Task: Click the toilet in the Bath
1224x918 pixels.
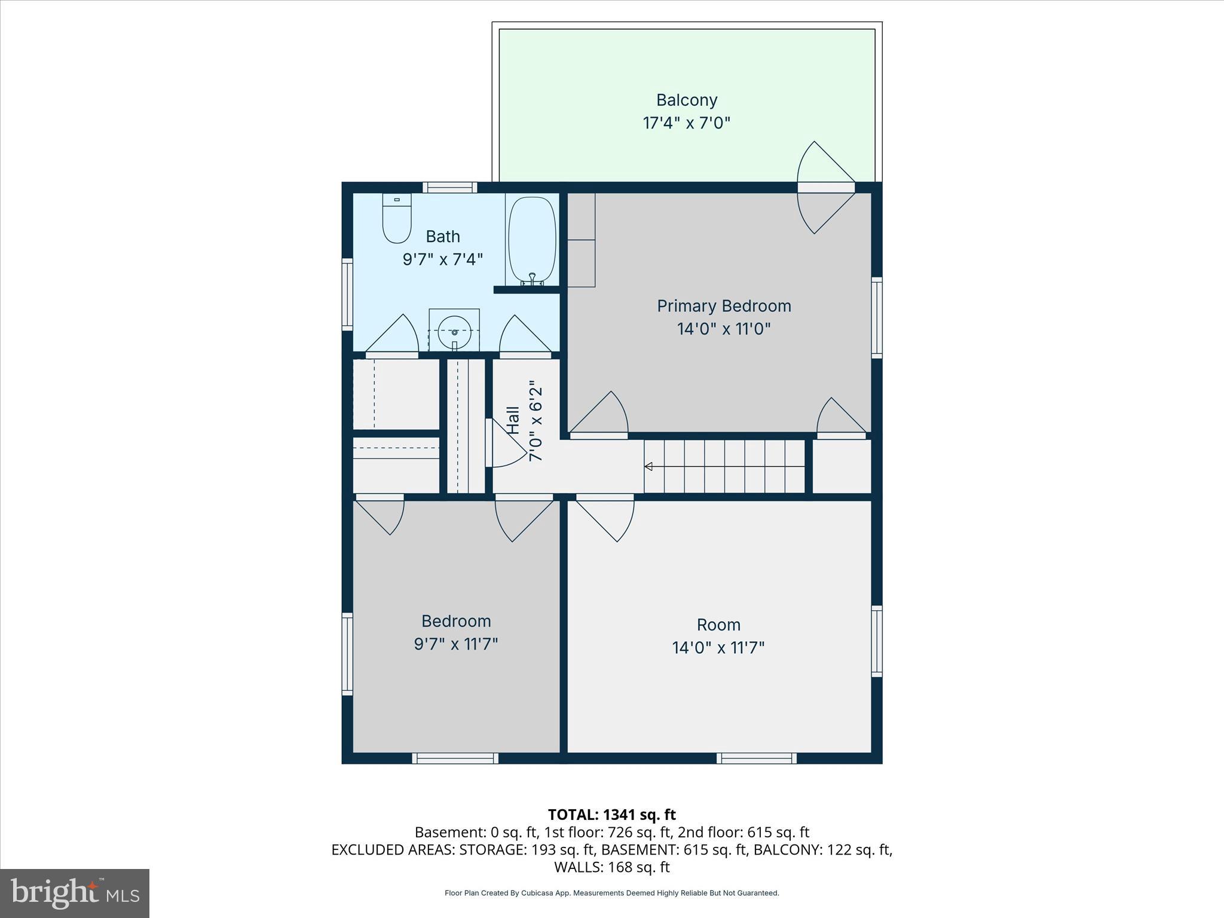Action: click(397, 219)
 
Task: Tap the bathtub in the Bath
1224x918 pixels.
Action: click(532, 239)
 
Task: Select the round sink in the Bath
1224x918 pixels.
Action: click(454, 332)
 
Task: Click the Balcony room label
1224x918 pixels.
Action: click(687, 100)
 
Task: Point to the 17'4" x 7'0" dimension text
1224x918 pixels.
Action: click(687, 123)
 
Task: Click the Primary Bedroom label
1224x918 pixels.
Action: click(724, 306)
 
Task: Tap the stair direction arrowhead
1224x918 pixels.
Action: click(648, 467)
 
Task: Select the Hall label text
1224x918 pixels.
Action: click(513, 420)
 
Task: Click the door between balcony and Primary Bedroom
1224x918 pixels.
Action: click(827, 187)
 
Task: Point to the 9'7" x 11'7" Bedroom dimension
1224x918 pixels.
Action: click(456, 644)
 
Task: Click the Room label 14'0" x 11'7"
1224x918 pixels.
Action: click(718, 636)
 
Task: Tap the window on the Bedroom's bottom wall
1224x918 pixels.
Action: click(455, 758)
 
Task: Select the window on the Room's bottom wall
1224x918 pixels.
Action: click(757, 758)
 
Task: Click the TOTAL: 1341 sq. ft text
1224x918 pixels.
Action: click(611, 815)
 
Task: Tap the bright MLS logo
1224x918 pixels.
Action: click(75, 893)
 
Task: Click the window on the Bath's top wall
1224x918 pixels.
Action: click(450, 187)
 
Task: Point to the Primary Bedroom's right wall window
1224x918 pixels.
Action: click(877, 317)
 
